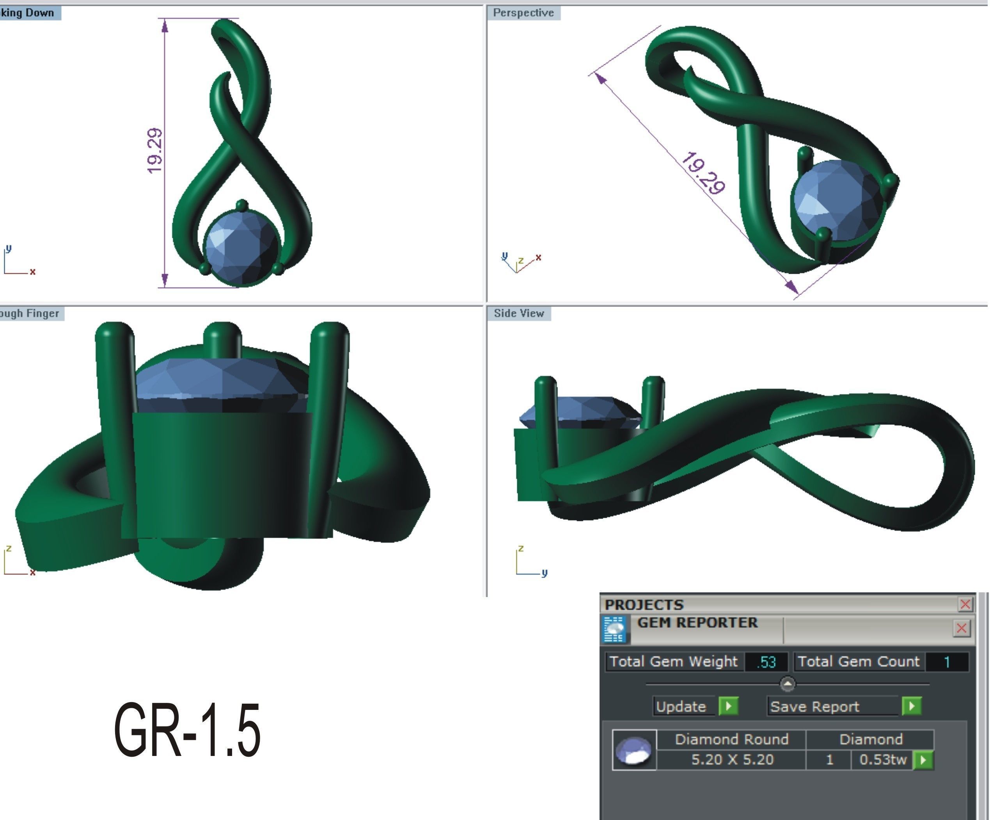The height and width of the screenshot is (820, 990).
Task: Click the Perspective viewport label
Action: coord(523,13)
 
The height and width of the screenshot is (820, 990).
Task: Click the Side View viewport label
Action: coord(518,313)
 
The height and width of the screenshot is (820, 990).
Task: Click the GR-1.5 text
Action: coord(187,730)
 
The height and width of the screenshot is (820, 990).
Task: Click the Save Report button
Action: coord(814,706)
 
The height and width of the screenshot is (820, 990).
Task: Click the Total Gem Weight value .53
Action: coord(766,662)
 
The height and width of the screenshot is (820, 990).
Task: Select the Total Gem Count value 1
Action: coord(947,662)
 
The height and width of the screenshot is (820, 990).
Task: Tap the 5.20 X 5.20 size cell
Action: coord(732,759)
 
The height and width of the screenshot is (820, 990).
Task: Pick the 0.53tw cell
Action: coord(882,759)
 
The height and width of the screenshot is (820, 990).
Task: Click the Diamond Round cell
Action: coord(732,739)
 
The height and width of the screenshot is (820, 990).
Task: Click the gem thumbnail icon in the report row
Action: coord(634,750)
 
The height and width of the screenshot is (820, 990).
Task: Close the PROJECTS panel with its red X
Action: coord(965,604)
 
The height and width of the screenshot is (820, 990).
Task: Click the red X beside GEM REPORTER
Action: coord(962,628)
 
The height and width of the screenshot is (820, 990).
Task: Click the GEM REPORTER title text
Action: coord(697,623)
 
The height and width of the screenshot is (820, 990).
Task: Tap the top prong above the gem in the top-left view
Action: coord(242,205)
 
